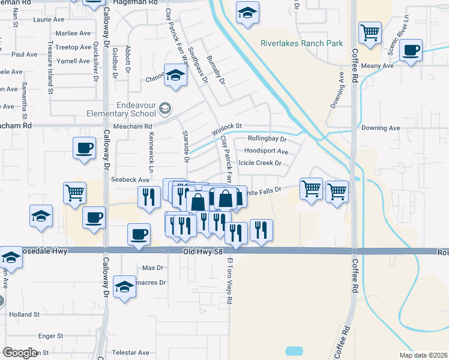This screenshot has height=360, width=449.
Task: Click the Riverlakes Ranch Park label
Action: tap(301, 43)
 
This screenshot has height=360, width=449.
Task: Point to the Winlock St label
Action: tap(226, 128)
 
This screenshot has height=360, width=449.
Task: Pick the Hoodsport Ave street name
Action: tap(268, 152)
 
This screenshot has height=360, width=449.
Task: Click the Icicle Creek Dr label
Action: tap(260, 163)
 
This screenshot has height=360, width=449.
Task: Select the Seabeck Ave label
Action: tap(130, 179)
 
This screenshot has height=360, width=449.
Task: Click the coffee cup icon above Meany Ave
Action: tap(411, 50)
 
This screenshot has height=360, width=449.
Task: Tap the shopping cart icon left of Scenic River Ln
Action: tap(370, 32)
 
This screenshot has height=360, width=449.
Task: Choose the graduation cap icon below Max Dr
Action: tap(124, 287)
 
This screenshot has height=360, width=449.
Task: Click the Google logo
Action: tap(20, 352)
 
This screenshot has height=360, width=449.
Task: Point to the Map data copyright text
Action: tap(423, 355)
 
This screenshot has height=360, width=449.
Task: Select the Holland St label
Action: tap(24, 314)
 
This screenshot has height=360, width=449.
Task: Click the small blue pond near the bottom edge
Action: tap(295, 350)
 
